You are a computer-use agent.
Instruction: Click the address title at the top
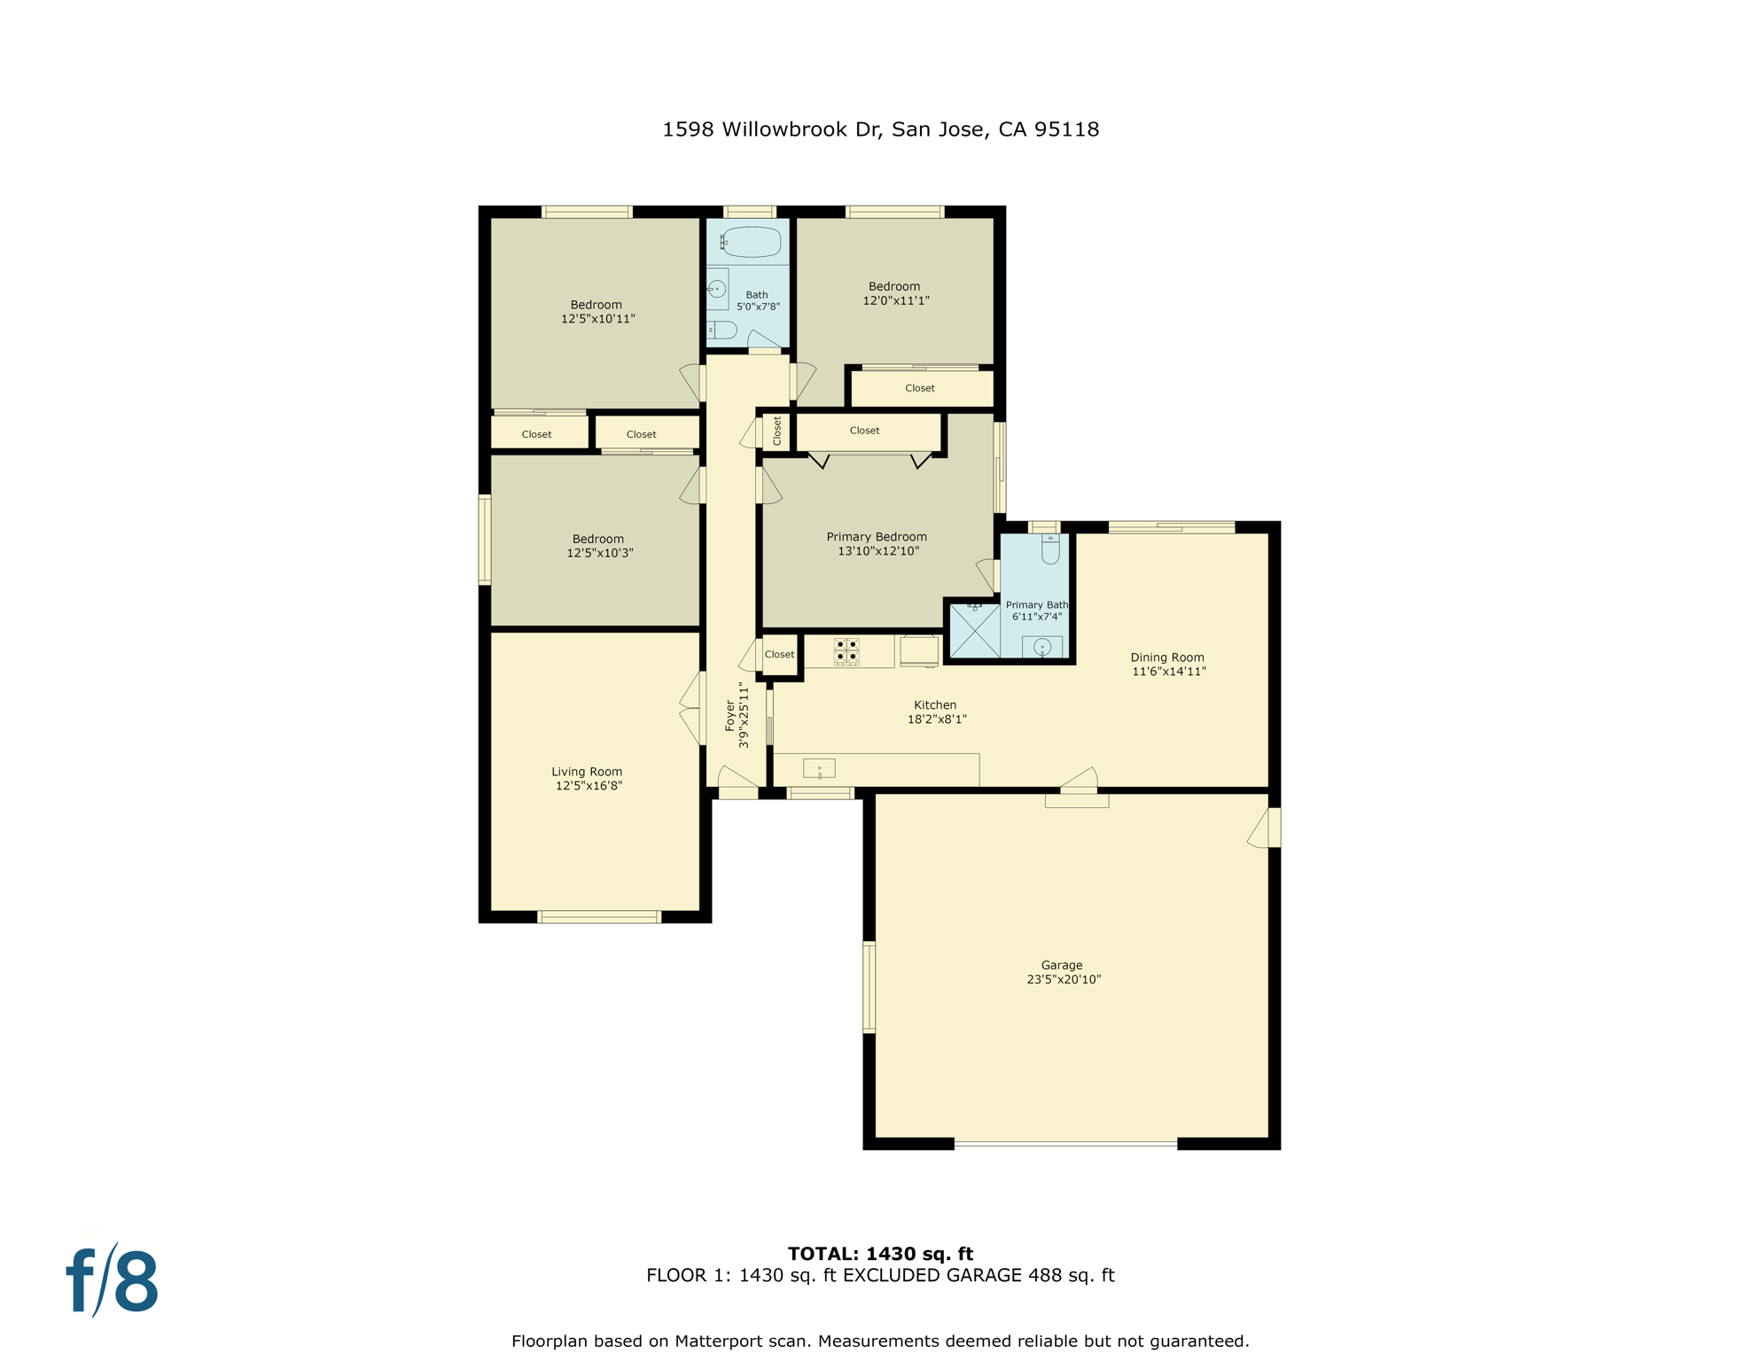(x=880, y=129)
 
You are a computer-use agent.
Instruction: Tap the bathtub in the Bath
(x=752, y=241)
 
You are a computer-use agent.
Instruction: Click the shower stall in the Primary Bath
(x=974, y=631)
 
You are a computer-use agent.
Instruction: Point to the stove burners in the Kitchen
(x=846, y=651)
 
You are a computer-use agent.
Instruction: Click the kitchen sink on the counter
(x=819, y=768)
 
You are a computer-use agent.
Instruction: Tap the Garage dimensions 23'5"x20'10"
(x=1064, y=979)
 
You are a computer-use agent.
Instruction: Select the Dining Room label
(x=1166, y=657)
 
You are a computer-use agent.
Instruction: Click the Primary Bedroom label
(x=877, y=537)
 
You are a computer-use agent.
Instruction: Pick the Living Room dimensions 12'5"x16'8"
(x=589, y=786)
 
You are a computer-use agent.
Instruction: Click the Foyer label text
(x=730, y=715)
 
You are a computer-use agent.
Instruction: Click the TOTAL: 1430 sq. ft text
(x=880, y=1254)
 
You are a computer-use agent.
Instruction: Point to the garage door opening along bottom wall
(x=1065, y=1144)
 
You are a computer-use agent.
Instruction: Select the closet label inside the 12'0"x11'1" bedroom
(x=919, y=388)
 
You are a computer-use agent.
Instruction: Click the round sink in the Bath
(x=717, y=289)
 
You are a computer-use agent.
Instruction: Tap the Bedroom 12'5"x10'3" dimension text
(x=600, y=553)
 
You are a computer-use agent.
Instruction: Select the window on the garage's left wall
(x=869, y=986)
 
